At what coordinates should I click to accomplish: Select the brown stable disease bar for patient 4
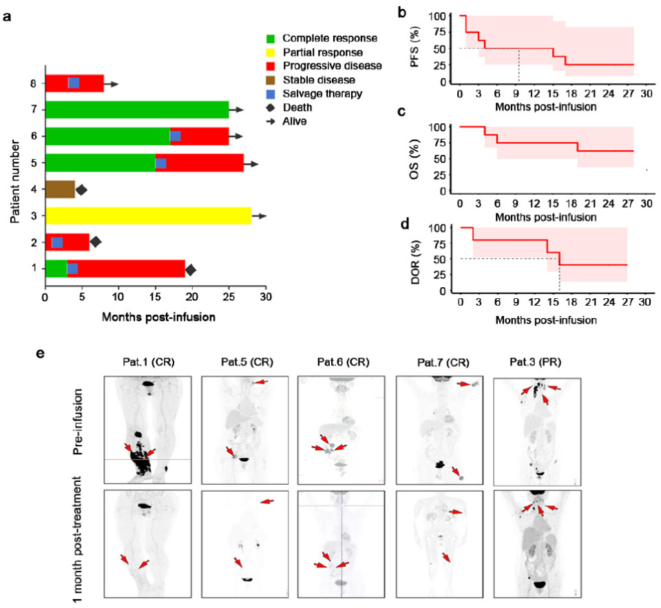point(60,189)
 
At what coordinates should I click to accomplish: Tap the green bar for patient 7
point(136,109)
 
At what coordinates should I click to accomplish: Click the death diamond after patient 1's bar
point(191,269)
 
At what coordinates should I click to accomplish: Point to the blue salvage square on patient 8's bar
point(74,83)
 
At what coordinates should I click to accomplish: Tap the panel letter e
point(41,353)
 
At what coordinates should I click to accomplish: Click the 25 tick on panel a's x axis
point(229,299)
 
